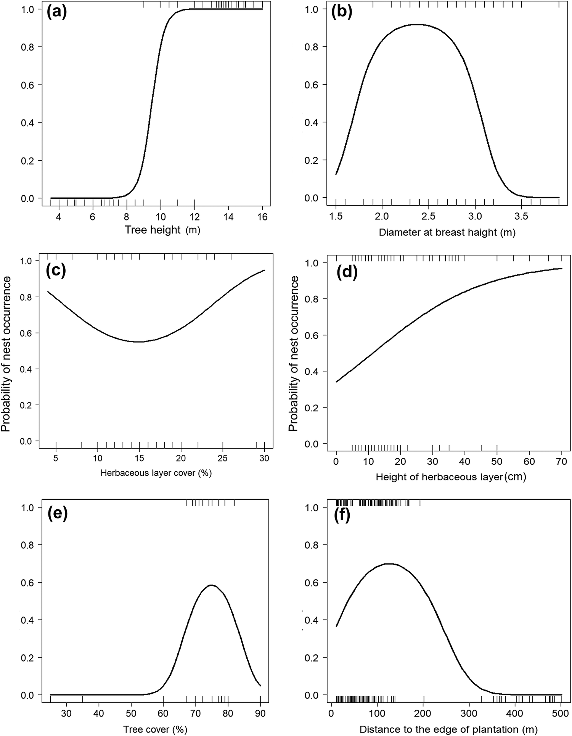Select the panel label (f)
click(342, 515)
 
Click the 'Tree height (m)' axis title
click(162, 230)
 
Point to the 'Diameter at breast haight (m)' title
click(447, 232)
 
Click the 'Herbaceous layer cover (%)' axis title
click(156, 473)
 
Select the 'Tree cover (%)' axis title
click(155, 729)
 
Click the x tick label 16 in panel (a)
click(262, 217)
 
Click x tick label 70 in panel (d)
click(562, 462)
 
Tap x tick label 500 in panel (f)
click(562, 713)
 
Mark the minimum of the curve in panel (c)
click(139, 342)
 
